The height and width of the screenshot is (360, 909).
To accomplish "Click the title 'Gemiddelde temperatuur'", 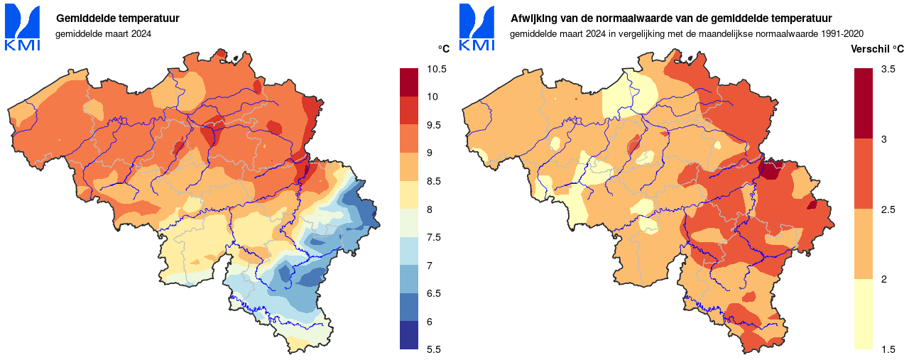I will pos(117,18).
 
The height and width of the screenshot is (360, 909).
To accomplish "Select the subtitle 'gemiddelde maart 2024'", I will pos(104,33).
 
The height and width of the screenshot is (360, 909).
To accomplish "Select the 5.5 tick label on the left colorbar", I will pos(434,349).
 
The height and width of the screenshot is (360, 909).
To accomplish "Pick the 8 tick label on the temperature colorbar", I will pos(430,209).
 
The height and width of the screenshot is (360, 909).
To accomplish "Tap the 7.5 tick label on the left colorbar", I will pos(434,237).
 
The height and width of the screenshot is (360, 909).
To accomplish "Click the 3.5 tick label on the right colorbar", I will pos(888,69).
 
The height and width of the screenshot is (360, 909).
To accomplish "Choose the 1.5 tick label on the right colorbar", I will pos(888,349).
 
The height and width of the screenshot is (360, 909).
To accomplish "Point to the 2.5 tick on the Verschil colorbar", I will pos(888,209).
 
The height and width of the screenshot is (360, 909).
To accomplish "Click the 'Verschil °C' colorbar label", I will pos(877,49).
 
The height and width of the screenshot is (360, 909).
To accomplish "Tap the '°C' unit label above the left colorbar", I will pos(443,49).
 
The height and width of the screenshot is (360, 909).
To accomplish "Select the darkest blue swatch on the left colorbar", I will pos(410,335).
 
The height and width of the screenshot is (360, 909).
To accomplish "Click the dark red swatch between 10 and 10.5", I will pos(410,82).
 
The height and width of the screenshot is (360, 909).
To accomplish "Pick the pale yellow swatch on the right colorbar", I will pos(864,314).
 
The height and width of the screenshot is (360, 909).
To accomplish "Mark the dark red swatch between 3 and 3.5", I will pos(864,103).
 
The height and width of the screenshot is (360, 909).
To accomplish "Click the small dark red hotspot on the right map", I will pos(770,170).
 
